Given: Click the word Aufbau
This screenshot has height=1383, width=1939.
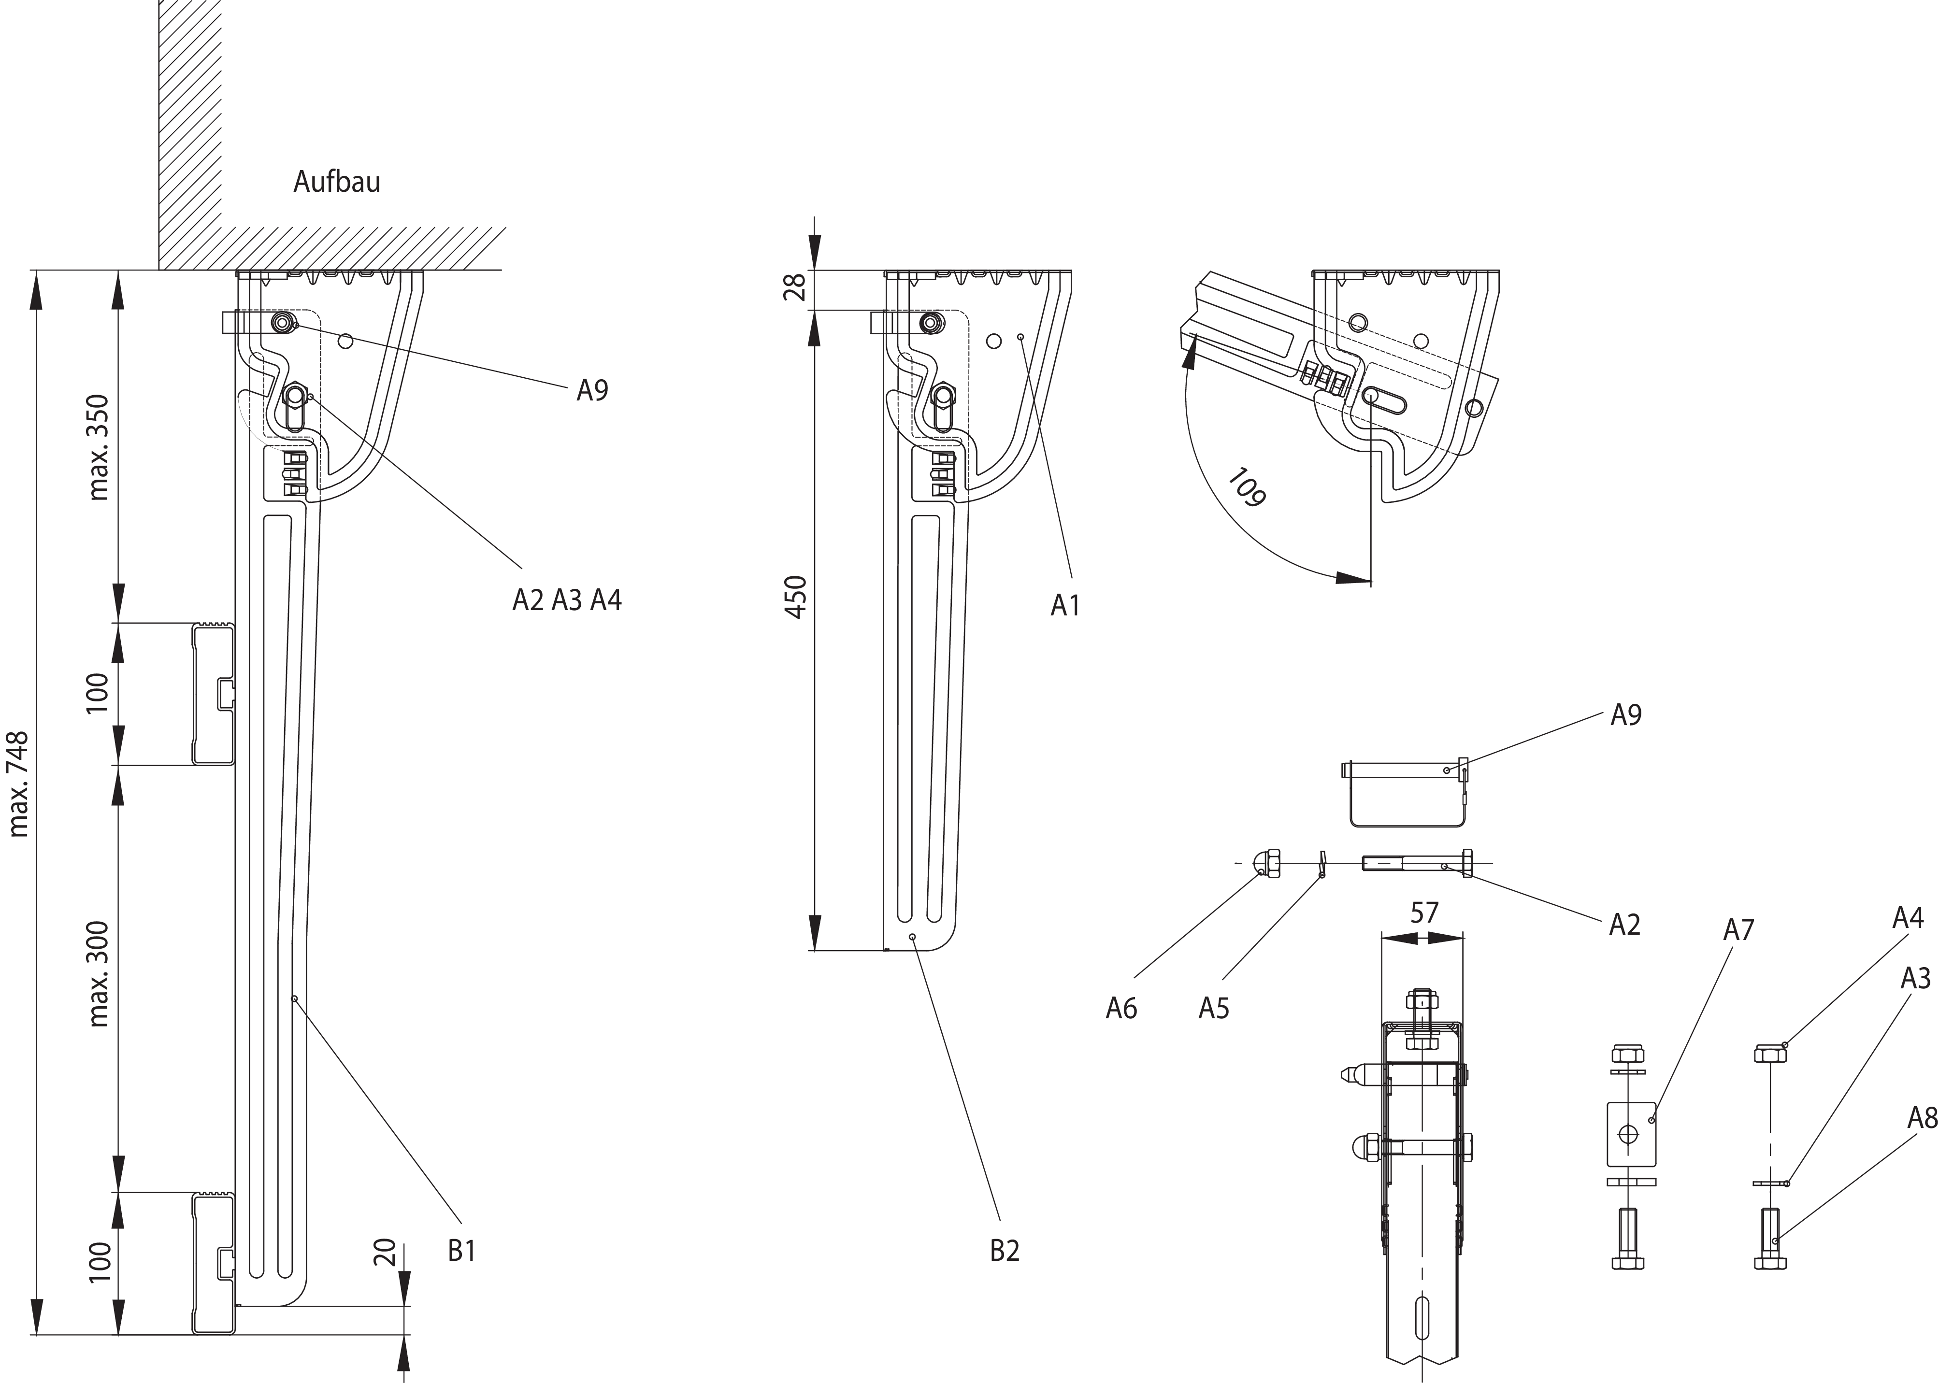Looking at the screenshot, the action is click(337, 182).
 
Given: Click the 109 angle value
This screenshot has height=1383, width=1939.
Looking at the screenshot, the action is click(1247, 487).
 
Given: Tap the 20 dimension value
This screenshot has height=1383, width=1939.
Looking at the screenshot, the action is click(385, 1253).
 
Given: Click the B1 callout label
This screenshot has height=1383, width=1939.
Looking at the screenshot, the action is click(461, 1251).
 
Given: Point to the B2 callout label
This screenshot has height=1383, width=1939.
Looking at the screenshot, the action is click(1005, 1251).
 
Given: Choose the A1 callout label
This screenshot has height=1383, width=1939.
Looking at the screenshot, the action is click(1065, 605).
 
